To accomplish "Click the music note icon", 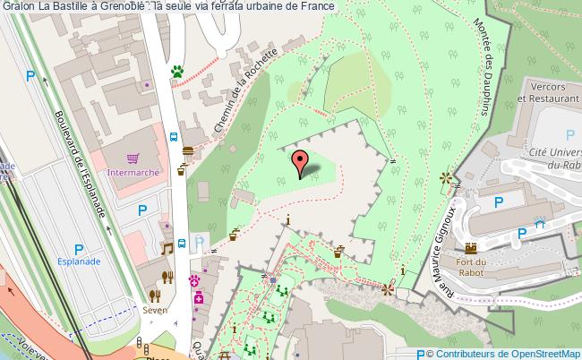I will pos(166,248).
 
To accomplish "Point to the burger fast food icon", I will pos(188,151).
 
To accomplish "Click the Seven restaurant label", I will pos(154,311).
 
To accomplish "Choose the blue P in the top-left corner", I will pos(30,77).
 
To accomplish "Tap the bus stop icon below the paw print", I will pos(174,137).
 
